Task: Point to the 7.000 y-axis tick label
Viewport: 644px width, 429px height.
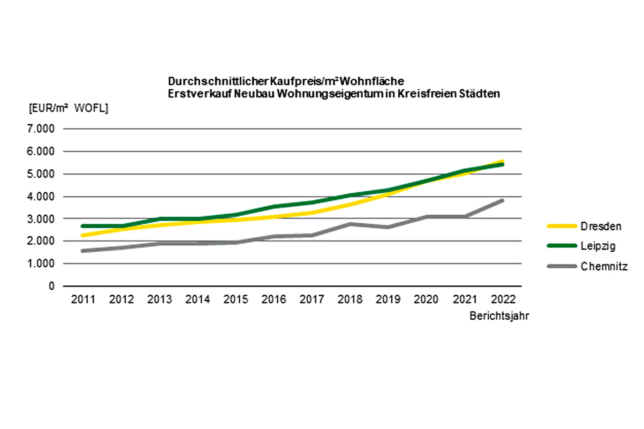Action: click(41, 129)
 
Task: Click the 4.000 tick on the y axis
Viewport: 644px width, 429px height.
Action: click(41, 197)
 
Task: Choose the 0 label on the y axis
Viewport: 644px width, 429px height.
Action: click(52, 286)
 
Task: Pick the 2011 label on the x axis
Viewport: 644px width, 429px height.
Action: click(83, 300)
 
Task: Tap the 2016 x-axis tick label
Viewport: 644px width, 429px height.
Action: click(273, 300)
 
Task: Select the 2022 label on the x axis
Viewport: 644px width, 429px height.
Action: click(503, 300)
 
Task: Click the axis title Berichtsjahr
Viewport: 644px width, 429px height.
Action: click(499, 316)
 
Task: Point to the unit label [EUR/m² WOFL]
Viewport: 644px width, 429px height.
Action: click(68, 108)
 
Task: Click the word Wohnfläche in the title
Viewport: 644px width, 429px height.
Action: click(372, 81)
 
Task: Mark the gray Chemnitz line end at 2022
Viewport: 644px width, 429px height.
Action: click(503, 201)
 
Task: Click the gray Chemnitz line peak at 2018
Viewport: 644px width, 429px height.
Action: click(350, 224)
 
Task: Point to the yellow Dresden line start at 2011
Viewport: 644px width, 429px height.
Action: click(83, 235)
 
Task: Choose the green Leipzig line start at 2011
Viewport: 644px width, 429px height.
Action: click(83, 226)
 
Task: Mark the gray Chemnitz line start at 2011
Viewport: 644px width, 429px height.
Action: click(83, 251)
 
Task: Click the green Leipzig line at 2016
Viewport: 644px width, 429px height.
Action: click(273, 207)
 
